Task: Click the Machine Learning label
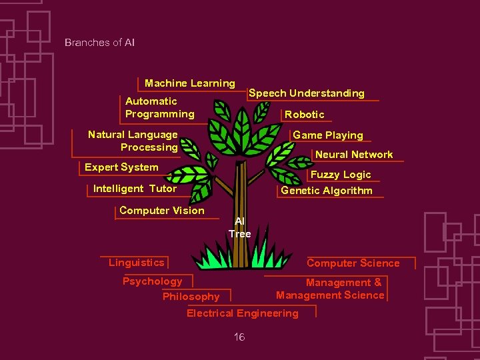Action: click(190, 83)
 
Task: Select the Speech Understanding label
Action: click(307, 93)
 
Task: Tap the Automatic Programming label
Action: click(160, 107)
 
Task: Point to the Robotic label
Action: click(305, 115)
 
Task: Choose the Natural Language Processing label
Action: click(133, 141)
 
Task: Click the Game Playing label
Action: click(328, 135)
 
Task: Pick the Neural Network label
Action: click(354, 155)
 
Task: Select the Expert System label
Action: click(121, 167)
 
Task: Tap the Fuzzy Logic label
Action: click(341, 175)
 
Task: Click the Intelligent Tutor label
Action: click(135, 189)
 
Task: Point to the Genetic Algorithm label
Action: click(327, 191)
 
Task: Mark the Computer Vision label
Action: click(162, 211)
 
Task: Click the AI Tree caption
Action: click(240, 227)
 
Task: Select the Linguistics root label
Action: click(136, 263)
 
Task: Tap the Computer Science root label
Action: click(353, 263)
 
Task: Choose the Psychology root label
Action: click(152, 281)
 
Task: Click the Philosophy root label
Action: click(191, 297)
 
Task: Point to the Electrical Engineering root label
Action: click(243, 313)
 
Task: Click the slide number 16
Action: click(239, 337)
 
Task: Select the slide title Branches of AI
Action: click(100, 43)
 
